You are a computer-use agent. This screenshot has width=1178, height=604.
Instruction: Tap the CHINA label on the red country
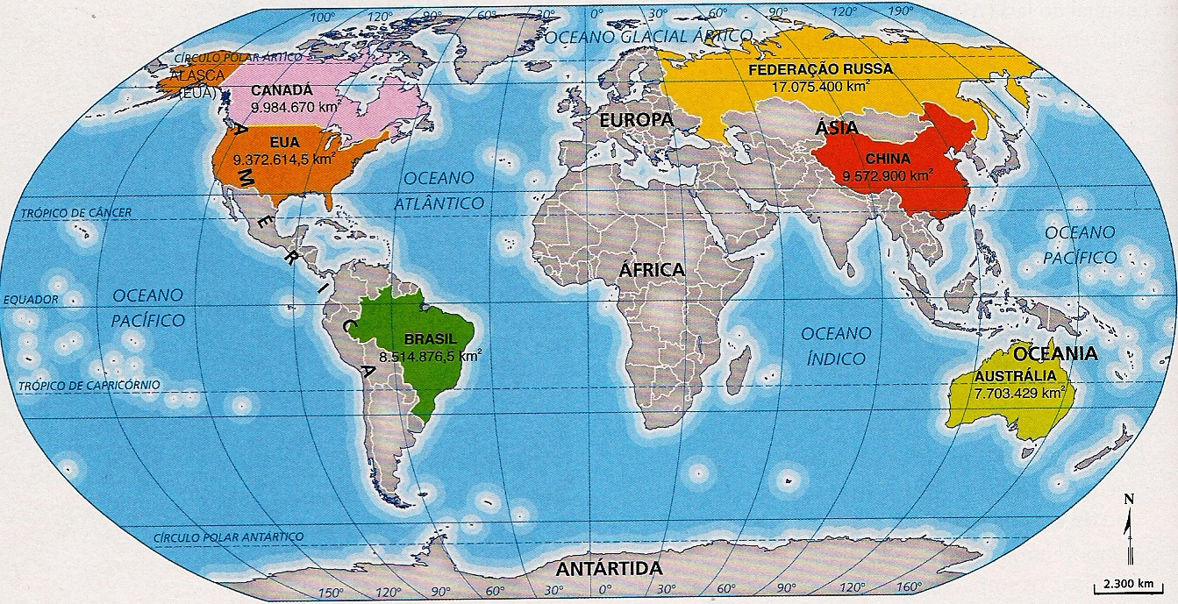pyautogui.click(x=889, y=159)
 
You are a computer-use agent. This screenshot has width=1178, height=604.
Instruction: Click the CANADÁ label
pyautogui.click(x=282, y=90)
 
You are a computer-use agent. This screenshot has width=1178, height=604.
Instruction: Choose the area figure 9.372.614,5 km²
pyautogui.click(x=282, y=160)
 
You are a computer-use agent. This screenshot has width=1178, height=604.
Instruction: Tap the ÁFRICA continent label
pyautogui.click(x=651, y=270)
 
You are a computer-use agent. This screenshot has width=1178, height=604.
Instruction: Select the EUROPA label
pyautogui.click(x=636, y=119)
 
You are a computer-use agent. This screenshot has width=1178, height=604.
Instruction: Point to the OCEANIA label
pyautogui.click(x=1055, y=354)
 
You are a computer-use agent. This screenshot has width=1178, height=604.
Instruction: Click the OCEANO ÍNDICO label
pyautogui.click(x=834, y=345)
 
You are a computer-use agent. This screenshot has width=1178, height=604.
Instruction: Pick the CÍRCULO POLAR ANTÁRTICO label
pyautogui.click(x=227, y=536)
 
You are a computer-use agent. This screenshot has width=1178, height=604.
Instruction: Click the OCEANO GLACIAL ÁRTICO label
pyautogui.click(x=647, y=37)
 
